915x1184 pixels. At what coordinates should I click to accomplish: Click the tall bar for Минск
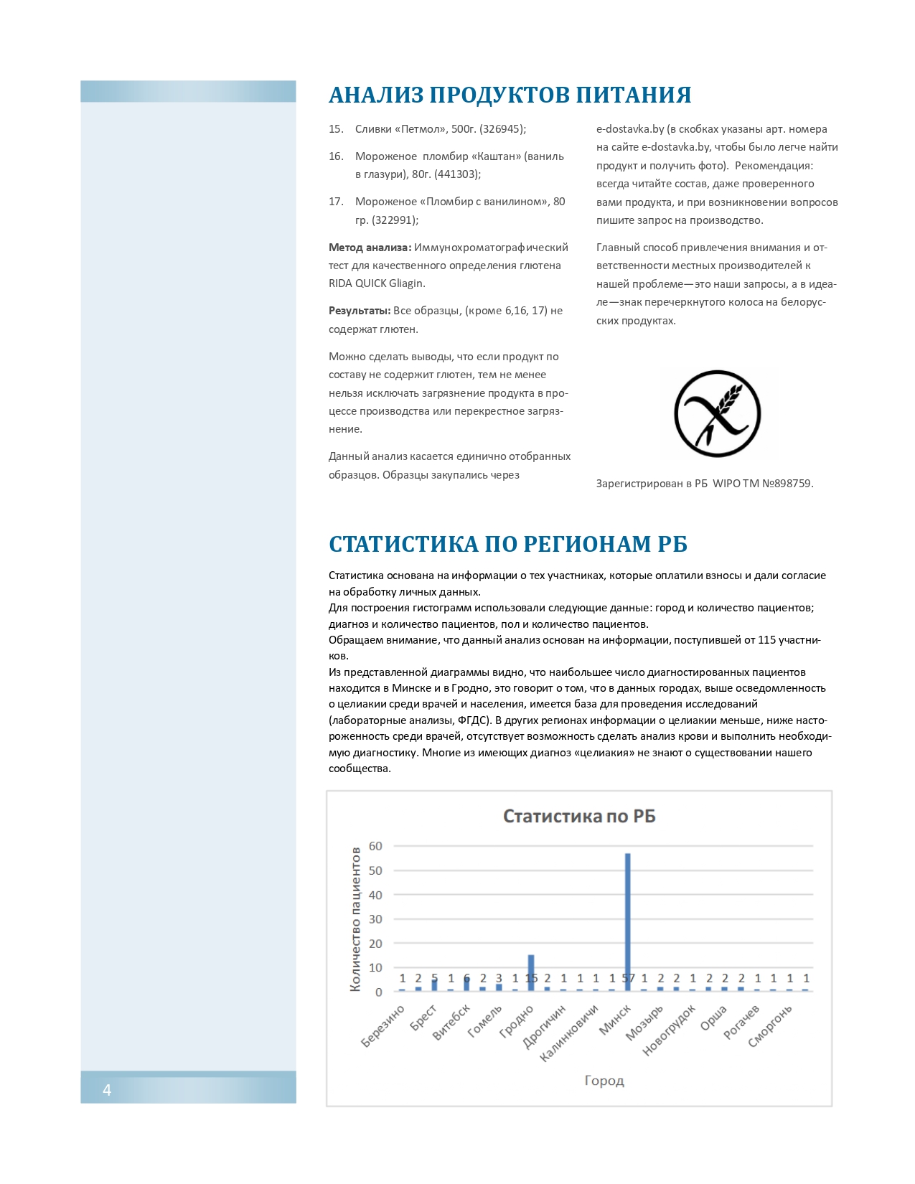627,922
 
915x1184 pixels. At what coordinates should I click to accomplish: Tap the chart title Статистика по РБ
579,817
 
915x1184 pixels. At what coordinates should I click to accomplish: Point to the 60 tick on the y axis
375,846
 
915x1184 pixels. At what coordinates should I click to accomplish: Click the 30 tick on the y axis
375,919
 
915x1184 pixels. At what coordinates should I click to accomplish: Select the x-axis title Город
604,1081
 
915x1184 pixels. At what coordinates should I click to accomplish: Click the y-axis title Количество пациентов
355,919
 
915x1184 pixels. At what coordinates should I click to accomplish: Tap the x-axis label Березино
383,1027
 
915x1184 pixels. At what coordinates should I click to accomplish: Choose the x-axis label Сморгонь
771,1025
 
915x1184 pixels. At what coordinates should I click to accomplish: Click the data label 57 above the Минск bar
628,978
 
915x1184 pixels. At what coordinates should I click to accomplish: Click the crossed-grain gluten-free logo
718,414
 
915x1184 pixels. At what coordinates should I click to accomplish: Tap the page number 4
107,1091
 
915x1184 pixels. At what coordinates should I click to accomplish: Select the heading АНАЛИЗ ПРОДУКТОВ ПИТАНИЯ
510,95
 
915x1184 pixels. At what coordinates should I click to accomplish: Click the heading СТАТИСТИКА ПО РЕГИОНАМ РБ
508,544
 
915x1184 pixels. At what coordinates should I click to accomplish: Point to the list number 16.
336,156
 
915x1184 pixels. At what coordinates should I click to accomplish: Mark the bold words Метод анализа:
370,248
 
